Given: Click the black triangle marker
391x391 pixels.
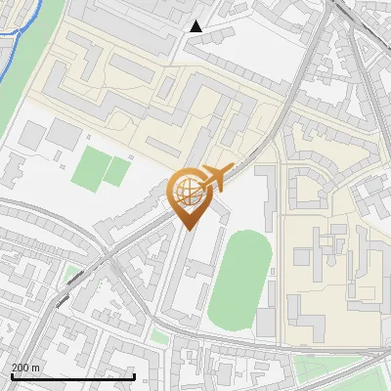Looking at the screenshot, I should (x=196, y=26).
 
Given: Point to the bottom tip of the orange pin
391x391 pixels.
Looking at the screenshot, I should (x=187, y=230).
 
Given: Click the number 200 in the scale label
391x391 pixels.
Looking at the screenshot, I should (x=21, y=367).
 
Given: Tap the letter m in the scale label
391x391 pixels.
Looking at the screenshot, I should (x=36, y=367).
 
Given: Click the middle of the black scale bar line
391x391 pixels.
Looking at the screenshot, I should (x=72, y=376).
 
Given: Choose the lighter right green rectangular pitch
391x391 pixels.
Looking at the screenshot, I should (x=117, y=171).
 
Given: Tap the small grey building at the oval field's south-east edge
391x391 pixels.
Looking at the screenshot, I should (x=266, y=324).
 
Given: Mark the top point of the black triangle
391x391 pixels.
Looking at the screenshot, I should (x=196, y=21).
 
